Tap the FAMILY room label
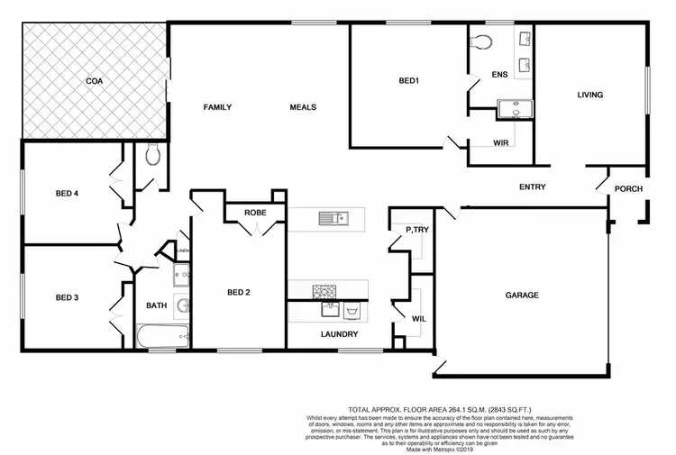[x=217, y=107]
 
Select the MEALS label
[x=302, y=107]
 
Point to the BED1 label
[x=408, y=81]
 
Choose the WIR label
[x=502, y=143]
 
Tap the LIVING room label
[x=590, y=95]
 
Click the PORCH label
[x=628, y=188]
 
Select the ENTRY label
[x=533, y=187]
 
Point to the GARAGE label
[x=521, y=295]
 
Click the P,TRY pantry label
[x=416, y=231]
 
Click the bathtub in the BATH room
[x=161, y=339]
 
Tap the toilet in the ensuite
[x=480, y=41]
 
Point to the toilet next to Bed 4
[x=152, y=155]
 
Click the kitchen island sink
[x=338, y=217]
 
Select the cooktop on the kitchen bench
[x=324, y=290]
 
